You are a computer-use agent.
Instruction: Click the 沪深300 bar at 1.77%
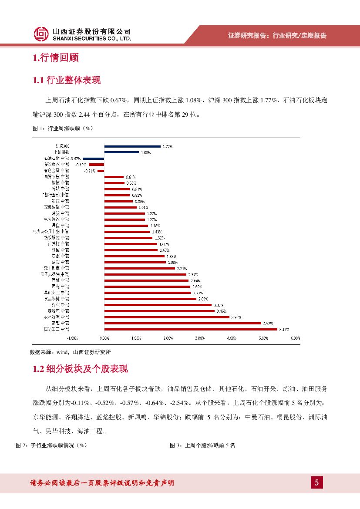click(x=132, y=146)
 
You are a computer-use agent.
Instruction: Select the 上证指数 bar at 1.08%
click(x=121, y=152)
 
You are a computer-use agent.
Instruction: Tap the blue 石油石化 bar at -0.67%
click(x=94, y=158)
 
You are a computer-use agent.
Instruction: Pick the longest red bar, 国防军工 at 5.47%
click(x=191, y=329)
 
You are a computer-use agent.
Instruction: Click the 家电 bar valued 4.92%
click(x=182, y=323)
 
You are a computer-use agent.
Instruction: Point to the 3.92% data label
click(x=236, y=317)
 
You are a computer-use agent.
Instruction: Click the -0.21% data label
click(x=89, y=171)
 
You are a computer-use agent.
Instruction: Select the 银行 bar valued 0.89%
click(x=118, y=201)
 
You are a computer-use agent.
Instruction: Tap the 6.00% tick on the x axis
click(x=295, y=338)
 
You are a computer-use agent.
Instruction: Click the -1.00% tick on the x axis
click(x=72, y=338)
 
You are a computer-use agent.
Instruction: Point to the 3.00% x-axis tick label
click(x=200, y=338)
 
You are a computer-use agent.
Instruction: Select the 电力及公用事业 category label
click(x=51, y=232)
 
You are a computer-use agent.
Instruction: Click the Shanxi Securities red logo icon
click(x=41, y=34)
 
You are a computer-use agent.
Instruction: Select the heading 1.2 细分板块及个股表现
click(x=81, y=369)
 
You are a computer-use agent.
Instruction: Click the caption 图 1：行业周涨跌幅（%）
click(x=63, y=128)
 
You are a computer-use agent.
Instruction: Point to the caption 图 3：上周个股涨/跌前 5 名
click(x=202, y=445)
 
